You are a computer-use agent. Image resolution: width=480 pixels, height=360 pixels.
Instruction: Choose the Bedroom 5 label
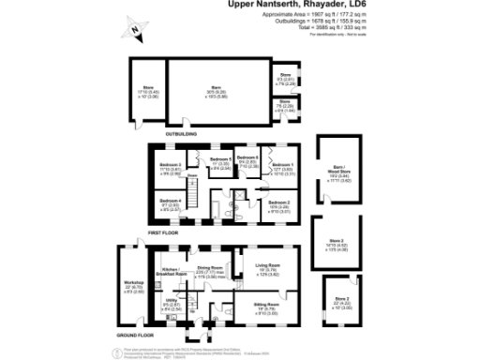point(220,160)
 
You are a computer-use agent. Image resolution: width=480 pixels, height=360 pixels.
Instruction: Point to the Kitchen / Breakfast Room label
point(170,271)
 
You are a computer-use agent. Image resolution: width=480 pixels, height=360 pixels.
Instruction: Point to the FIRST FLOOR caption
point(165,231)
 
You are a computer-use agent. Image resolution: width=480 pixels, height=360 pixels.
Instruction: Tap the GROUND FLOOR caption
point(135,334)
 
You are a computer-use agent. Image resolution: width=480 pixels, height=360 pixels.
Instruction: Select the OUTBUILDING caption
point(181,133)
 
